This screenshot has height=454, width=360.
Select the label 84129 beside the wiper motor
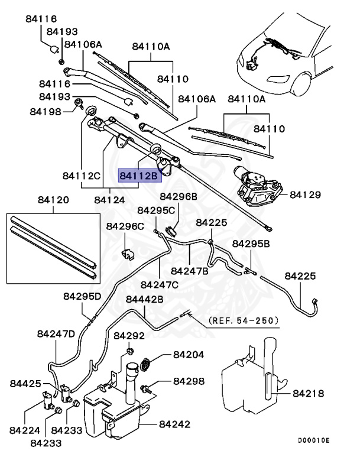(306, 194)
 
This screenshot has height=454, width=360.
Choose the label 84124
(109, 200)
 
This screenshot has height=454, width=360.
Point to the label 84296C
(125, 226)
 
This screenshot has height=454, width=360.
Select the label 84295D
(82, 296)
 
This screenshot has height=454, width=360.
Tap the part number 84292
(129, 336)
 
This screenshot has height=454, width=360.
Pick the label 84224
(24, 431)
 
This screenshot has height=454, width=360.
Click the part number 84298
(189, 382)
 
